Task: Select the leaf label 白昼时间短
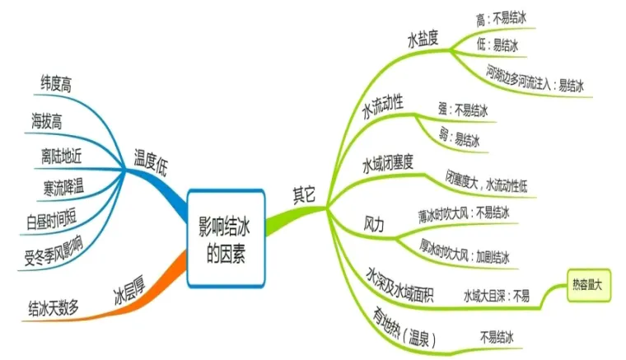(x=54, y=219)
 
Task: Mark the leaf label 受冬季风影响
(x=54, y=250)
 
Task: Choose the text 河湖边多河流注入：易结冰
(x=535, y=84)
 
